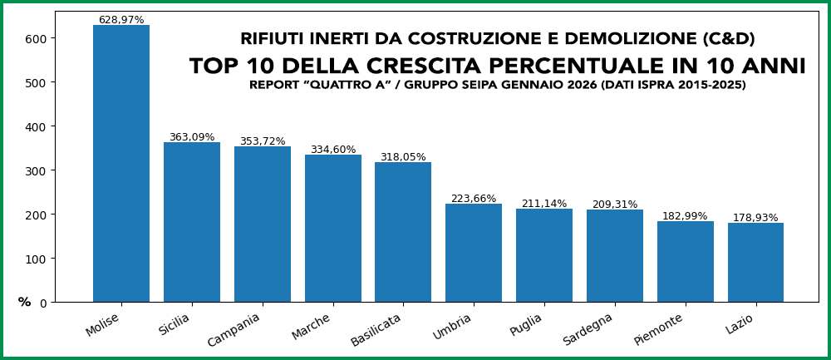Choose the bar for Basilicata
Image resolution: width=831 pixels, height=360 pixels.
coord(403,232)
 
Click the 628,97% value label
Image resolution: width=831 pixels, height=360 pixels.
coord(121,19)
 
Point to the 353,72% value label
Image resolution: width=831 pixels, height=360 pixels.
coord(263,141)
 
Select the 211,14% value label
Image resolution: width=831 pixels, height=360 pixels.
coord(544,204)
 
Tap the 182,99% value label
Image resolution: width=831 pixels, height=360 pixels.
coord(686,216)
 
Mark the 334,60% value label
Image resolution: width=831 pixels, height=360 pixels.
coord(333,150)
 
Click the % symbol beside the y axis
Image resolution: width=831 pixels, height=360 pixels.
coord(24,302)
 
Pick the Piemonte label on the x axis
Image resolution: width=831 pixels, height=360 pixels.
coord(659,329)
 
